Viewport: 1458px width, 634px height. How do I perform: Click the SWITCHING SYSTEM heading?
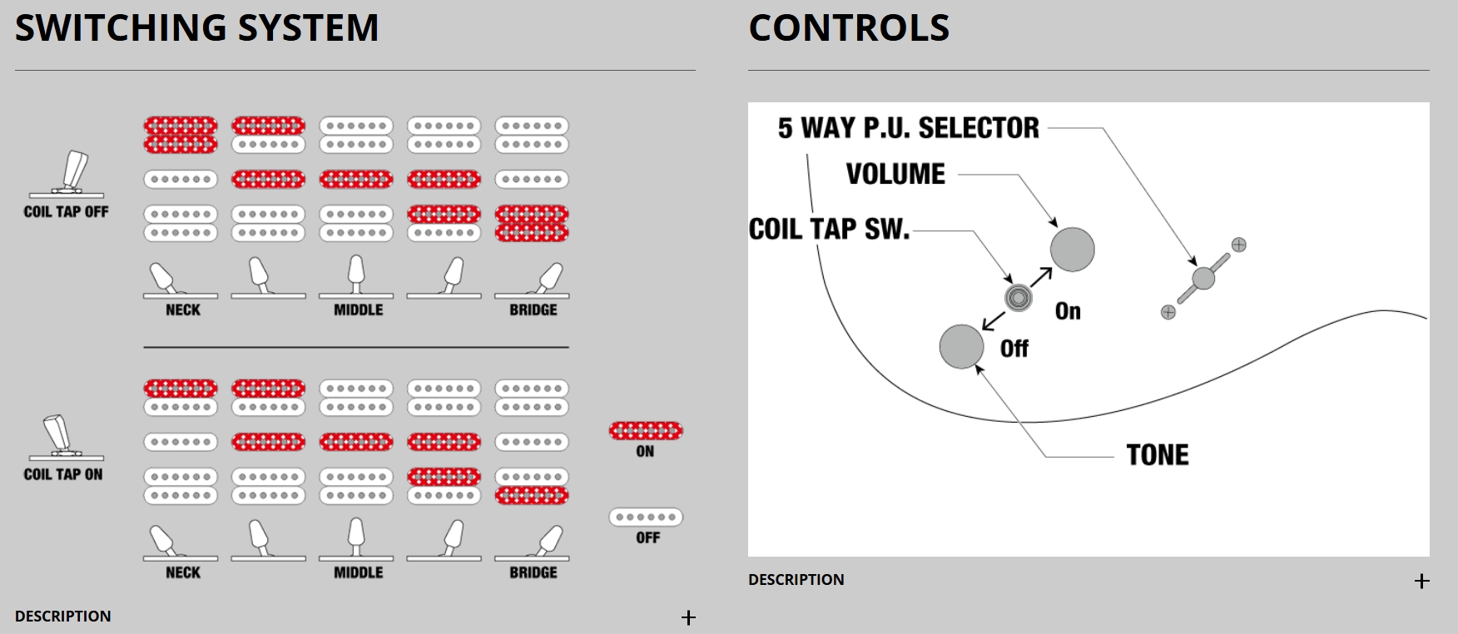pyautogui.click(x=196, y=27)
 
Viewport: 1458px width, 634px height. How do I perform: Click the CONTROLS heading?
pyautogui.click(x=849, y=27)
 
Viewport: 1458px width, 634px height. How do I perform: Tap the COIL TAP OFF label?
pyautogui.click(x=66, y=212)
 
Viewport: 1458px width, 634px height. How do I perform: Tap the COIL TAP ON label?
pyautogui.click(x=63, y=474)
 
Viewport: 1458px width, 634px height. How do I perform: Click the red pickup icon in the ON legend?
pyautogui.click(x=646, y=430)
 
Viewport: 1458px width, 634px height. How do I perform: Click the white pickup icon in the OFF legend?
pyautogui.click(x=646, y=517)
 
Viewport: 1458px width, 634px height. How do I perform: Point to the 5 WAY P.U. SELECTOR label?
pyautogui.click(x=908, y=128)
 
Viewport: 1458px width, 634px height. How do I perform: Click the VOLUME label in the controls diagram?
pyautogui.click(x=895, y=174)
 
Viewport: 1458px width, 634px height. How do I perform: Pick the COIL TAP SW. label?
pyautogui.click(x=829, y=230)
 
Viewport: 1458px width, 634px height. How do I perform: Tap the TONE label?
pyautogui.click(x=1158, y=455)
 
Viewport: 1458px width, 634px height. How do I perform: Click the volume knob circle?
pyautogui.click(x=1072, y=249)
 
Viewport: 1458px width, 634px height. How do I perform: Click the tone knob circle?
pyautogui.click(x=961, y=346)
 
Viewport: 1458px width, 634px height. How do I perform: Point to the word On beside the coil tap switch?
pyautogui.click(x=1068, y=311)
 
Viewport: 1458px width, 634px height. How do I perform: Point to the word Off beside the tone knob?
pyautogui.click(x=1014, y=349)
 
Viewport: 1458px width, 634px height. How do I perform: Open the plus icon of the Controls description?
pyautogui.click(x=1421, y=581)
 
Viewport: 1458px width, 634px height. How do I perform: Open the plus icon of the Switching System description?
pyautogui.click(x=688, y=617)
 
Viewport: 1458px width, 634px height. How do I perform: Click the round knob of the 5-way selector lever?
pyautogui.click(x=1203, y=278)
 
